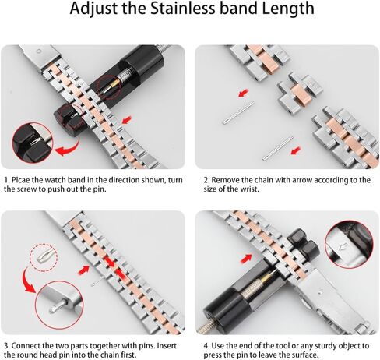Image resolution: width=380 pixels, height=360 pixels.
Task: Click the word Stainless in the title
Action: (183, 8)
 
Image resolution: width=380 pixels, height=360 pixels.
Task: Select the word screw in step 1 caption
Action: (26, 189)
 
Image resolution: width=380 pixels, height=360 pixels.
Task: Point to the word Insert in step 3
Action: (167, 346)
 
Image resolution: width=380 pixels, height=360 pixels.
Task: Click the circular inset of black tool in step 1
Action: (33, 143)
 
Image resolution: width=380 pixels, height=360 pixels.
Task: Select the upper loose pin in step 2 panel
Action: (238, 113)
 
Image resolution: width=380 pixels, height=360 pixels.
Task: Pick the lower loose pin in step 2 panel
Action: (278, 148)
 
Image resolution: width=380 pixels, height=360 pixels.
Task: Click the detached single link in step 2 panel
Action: (300, 90)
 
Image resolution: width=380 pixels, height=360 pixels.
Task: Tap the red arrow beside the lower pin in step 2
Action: (296, 150)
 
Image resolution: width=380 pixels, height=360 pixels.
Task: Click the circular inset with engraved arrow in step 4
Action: (349, 243)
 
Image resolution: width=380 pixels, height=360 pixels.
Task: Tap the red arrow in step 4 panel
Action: (246, 259)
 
